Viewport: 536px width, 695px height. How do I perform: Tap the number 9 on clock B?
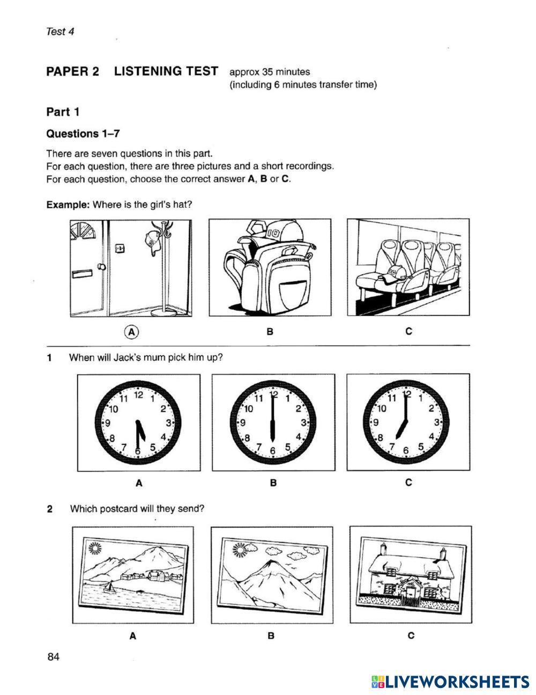point(243,423)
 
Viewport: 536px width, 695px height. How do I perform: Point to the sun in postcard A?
point(95,548)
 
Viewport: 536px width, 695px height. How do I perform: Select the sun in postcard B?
point(239,549)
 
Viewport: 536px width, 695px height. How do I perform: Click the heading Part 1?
point(63,112)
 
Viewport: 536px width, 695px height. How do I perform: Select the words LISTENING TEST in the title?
point(166,71)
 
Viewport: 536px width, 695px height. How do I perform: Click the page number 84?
point(53,657)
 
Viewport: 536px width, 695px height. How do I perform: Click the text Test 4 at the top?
point(60,31)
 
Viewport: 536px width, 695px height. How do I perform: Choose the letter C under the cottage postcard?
point(411,636)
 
